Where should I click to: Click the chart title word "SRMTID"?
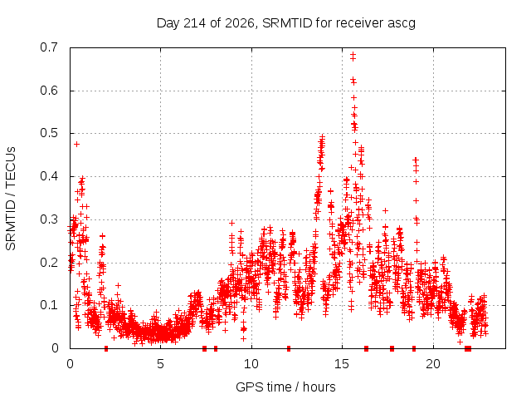point(287,23)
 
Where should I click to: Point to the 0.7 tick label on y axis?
point(49,47)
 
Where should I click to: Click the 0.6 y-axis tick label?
point(49,91)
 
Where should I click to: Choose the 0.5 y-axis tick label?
point(49,133)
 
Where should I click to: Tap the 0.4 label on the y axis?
point(49,176)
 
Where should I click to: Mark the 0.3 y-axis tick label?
point(49,219)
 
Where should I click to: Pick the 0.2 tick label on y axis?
point(49,263)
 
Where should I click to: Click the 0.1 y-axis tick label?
point(49,305)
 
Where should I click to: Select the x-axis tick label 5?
point(160,364)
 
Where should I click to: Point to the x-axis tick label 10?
point(251,364)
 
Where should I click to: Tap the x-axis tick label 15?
point(342,364)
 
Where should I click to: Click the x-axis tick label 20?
point(433,364)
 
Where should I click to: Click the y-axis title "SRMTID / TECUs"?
point(11,199)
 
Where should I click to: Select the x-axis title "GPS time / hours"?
point(285,387)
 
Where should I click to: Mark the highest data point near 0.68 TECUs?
point(353,54)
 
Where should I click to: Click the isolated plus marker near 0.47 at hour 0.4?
point(77,144)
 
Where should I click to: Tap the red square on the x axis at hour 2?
point(106,348)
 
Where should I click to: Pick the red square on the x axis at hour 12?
point(289,348)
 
